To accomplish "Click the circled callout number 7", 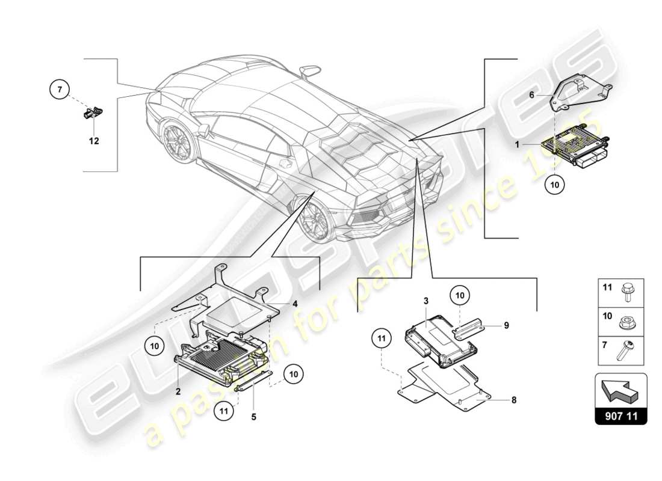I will point(59,90).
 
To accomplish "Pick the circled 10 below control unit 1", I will point(555,185).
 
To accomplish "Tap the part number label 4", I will point(294,304).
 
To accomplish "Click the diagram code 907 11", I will point(620,414).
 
